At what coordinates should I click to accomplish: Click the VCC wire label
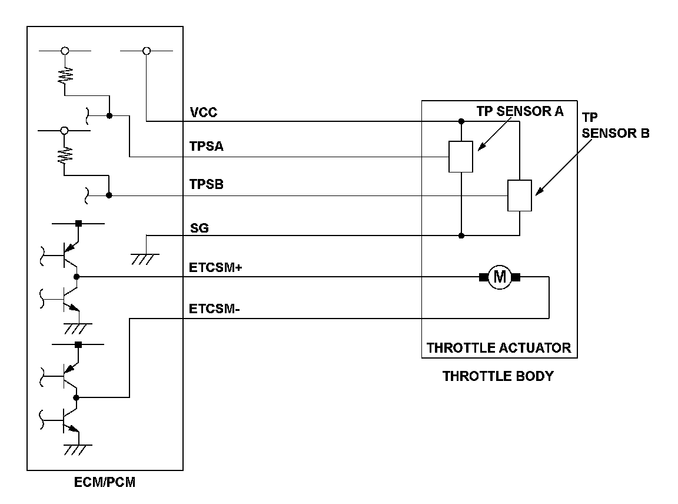(x=203, y=112)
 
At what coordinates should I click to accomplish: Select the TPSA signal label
(x=206, y=147)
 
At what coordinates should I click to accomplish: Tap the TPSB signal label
(x=206, y=185)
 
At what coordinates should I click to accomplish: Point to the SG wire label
(x=198, y=227)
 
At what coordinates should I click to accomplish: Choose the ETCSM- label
(x=214, y=309)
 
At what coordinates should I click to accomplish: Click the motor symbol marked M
(x=499, y=276)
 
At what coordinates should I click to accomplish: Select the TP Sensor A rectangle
(x=461, y=157)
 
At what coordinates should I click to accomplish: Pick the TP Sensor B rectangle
(x=520, y=195)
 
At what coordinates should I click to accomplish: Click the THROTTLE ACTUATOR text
(x=498, y=347)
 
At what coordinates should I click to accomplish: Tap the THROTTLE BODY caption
(x=498, y=376)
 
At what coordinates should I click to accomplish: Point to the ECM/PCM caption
(x=105, y=483)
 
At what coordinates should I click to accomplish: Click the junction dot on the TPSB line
(x=109, y=195)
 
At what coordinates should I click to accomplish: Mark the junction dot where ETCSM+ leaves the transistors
(x=77, y=276)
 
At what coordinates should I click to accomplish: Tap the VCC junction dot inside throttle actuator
(x=461, y=121)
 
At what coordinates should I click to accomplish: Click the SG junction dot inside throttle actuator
(x=461, y=236)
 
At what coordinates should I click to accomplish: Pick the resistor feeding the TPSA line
(x=65, y=74)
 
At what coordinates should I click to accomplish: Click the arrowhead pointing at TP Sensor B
(x=538, y=190)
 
